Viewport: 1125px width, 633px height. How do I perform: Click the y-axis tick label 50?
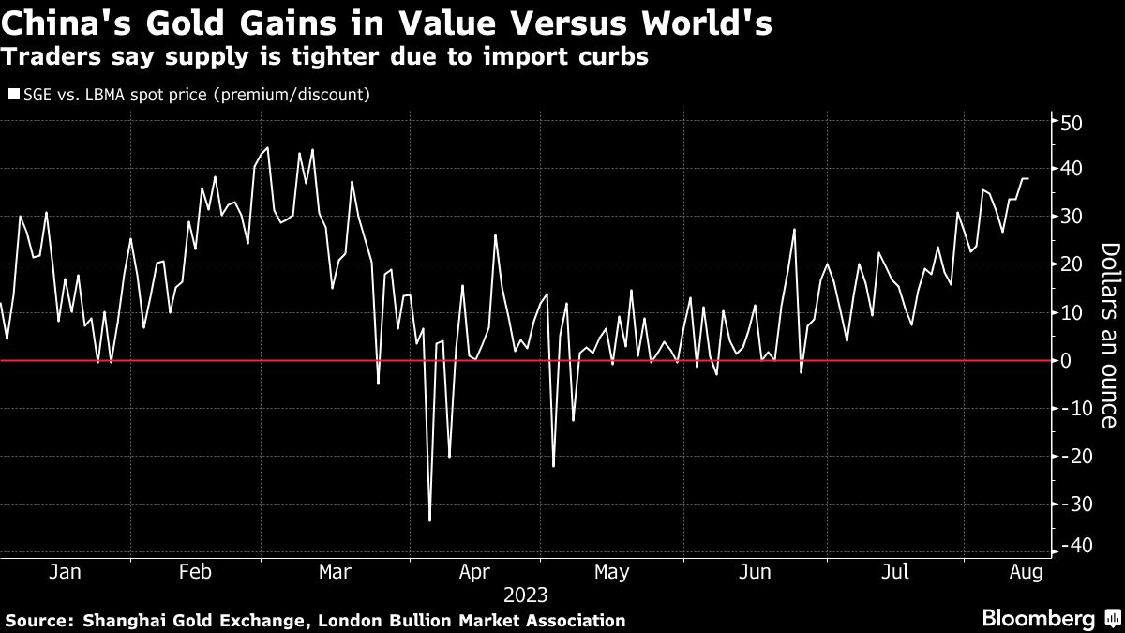click(1072, 122)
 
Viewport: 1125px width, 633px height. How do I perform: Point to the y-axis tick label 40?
click(1072, 169)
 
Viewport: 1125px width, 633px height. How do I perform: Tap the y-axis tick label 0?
click(1067, 360)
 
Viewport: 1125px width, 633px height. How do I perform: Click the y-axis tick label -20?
click(1070, 456)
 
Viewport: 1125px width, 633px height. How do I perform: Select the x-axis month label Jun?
click(756, 572)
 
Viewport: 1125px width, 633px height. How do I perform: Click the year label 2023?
click(525, 595)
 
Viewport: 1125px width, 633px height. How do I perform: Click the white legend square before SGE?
click(12, 94)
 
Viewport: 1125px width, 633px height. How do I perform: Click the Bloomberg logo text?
click(1038, 618)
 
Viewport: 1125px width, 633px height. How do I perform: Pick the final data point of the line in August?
click(1027, 178)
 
